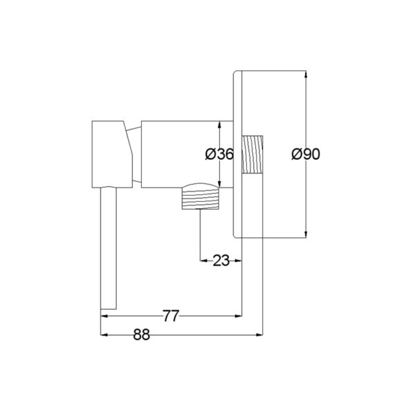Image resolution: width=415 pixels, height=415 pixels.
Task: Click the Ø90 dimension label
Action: tap(306, 154)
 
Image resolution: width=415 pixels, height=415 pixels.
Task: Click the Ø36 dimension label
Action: tap(219, 154)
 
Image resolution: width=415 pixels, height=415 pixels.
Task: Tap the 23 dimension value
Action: tap(221, 261)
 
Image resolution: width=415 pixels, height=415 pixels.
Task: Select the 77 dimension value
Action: tap(171, 316)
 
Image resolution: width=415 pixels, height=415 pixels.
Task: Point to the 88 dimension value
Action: tap(142, 335)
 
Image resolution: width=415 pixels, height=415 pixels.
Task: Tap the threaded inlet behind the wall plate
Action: tap(252, 154)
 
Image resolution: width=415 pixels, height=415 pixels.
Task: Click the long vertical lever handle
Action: tap(109, 248)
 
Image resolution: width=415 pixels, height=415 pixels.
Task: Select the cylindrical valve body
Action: tap(187, 154)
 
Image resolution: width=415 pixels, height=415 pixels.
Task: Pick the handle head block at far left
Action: tap(112, 154)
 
